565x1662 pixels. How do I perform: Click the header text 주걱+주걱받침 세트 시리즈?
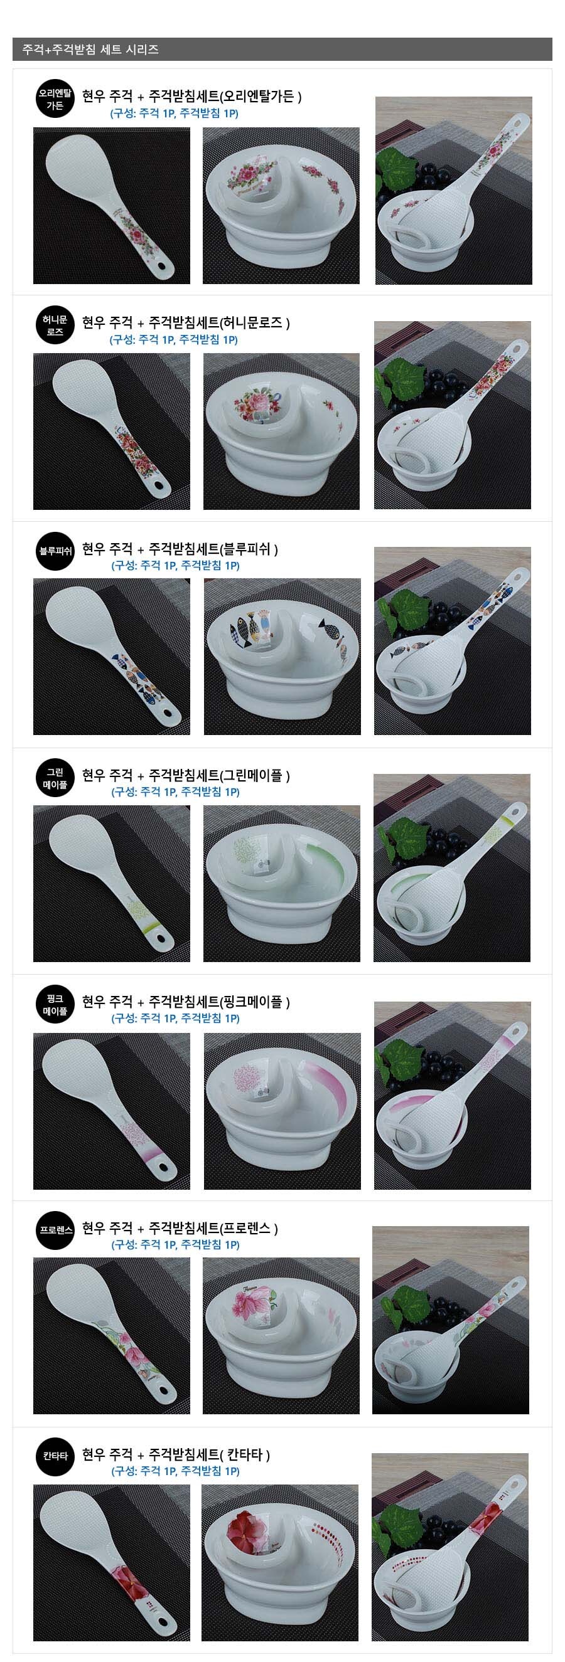click(x=90, y=50)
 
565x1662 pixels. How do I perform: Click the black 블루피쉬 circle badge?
click(x=55, y=551)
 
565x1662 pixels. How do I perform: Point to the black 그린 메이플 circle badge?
click(x=55, y=778)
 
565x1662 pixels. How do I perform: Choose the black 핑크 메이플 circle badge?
click(x=55, y=1005)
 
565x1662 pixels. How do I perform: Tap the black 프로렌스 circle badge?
click(x=55, y=1231)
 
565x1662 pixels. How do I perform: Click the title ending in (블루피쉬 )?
click(x=180, y=549)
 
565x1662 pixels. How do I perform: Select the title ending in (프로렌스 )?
click(x=180, y=1229)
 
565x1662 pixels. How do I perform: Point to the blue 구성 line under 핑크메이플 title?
click(x=176, y=1019)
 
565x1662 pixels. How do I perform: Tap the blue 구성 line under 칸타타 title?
click(x=176, y=1472)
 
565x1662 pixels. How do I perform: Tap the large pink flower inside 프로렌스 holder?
click(x=249, y=1306)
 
